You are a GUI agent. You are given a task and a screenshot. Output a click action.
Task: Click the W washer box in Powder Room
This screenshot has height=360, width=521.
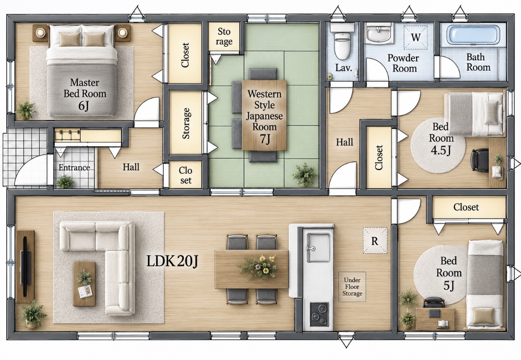(415, 37)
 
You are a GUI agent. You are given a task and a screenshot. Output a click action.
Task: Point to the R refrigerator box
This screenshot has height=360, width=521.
(375, 241)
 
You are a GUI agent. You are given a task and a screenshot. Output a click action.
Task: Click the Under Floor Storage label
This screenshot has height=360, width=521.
(352, 287)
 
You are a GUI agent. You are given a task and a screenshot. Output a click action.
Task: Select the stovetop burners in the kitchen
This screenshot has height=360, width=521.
(319, 314)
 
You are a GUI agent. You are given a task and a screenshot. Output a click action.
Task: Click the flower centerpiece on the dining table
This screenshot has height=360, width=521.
(258, 267)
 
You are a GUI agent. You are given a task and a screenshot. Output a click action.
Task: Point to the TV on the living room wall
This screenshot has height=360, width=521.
(25, 266)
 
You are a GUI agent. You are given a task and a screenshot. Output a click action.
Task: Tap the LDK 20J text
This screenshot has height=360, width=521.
(172, 261)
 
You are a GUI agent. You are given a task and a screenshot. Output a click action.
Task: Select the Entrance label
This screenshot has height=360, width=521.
(74, 167)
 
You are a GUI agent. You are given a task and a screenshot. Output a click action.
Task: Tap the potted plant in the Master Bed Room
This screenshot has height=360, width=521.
(26, 109)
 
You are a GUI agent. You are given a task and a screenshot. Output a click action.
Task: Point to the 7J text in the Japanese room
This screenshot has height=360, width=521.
(265, 139)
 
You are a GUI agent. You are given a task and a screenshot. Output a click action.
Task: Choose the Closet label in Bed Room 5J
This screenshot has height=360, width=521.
(466, 207)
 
